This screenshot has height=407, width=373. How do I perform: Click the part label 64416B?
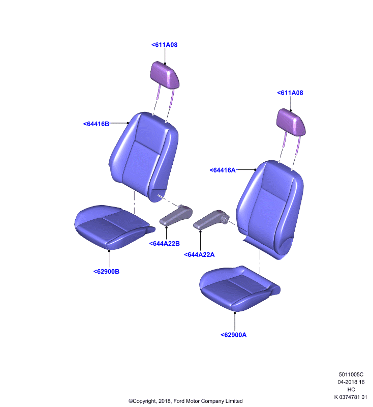pos(96,124)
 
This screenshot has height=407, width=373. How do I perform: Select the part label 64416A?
pos(223,170)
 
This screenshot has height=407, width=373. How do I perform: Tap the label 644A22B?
pos(164,244)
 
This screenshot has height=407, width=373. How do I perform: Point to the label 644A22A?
pos(199,255)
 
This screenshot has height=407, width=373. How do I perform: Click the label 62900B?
pos(106,272)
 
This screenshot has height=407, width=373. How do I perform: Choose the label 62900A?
pos(233,335)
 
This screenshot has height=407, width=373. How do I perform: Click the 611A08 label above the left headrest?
pos(164,45)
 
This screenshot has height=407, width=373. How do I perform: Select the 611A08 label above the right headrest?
pos(290,93)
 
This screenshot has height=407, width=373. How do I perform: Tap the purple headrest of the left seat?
pos(165,75)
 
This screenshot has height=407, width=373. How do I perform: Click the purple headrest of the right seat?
pos(291,122)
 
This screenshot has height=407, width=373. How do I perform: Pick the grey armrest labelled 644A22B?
pos(176,215)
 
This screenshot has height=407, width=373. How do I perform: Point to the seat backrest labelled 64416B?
pos(144,156)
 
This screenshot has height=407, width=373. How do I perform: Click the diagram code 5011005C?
pos(351,374)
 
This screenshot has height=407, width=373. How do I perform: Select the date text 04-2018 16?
pos(351,382)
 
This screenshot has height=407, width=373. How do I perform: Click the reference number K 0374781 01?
pos(351,397)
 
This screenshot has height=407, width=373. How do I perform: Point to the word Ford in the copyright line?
pos(179,401)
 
